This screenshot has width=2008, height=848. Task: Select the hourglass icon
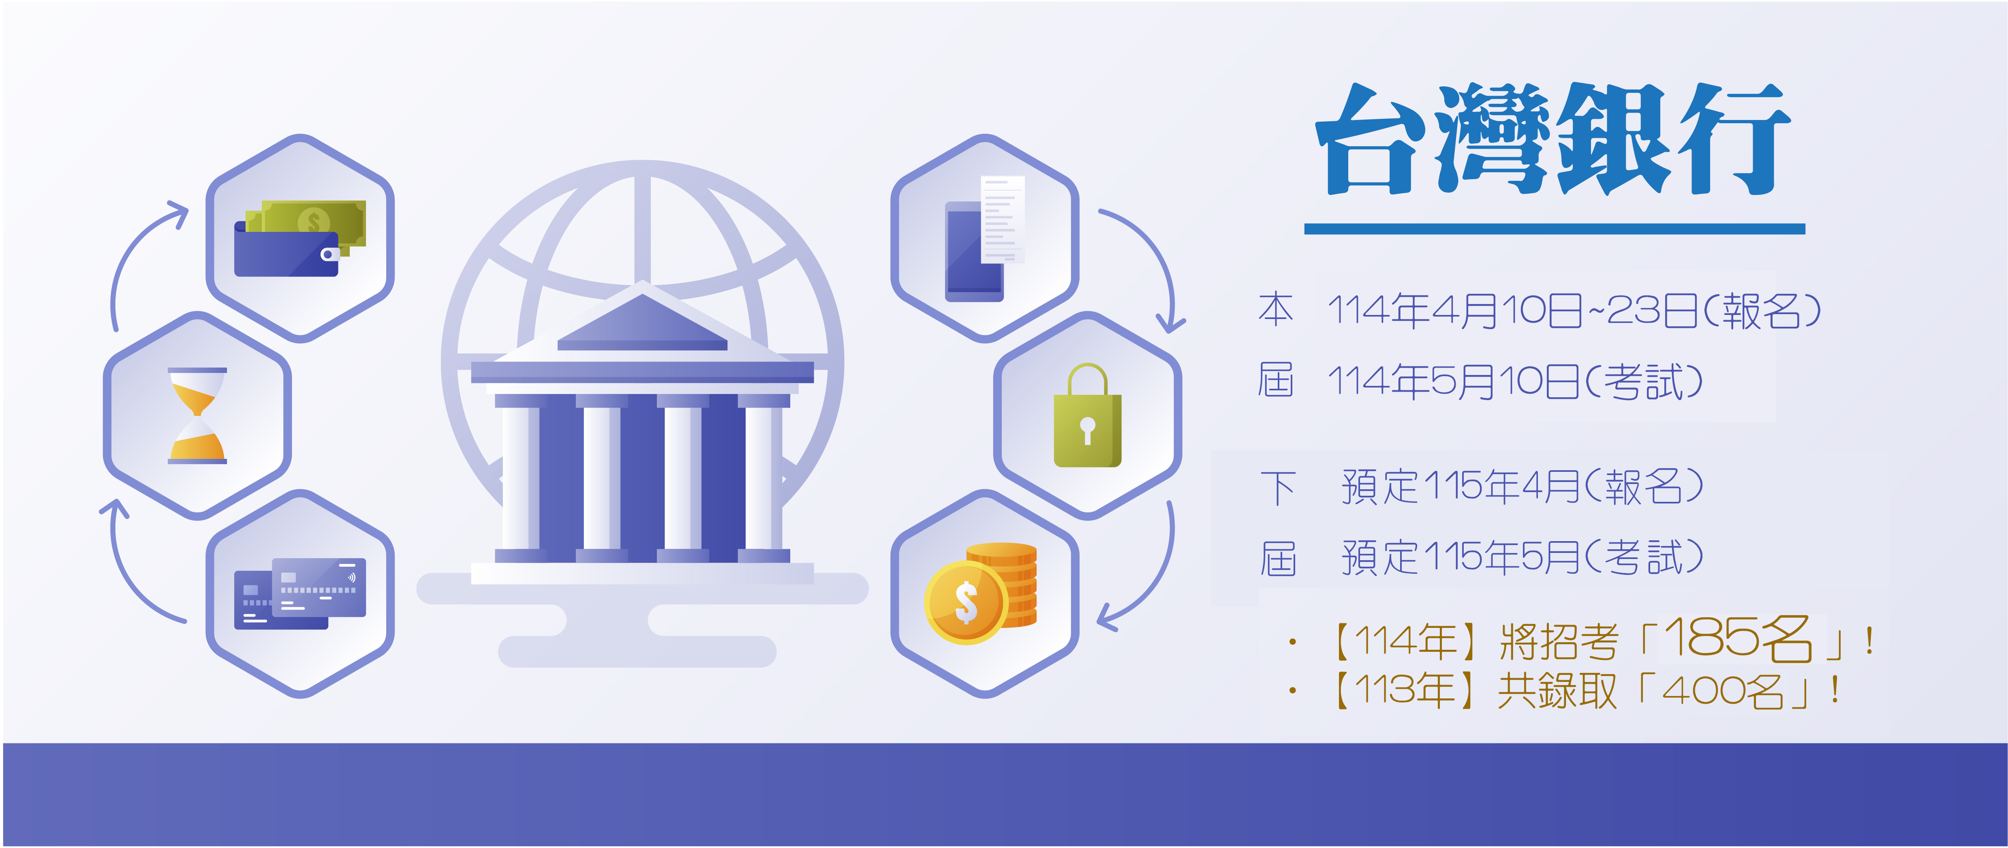[197, 415]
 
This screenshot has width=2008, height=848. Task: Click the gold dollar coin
[966, 602]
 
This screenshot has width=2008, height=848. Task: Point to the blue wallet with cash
[300, 238]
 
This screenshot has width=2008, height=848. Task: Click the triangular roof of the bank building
[642, 322]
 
